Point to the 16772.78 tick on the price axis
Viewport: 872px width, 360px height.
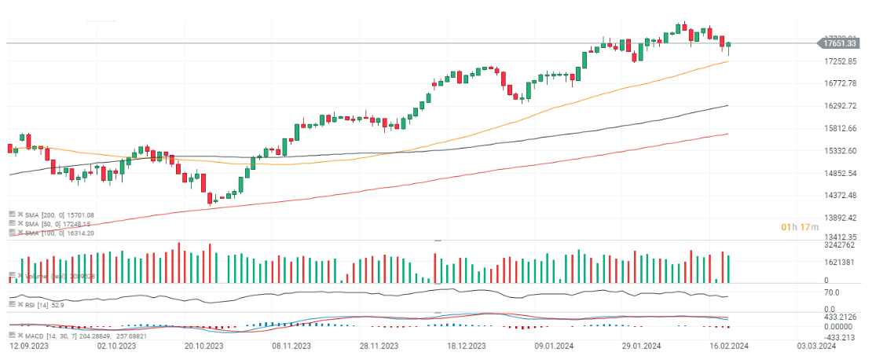(x=840, y=83)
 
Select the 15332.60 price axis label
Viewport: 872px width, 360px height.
(x=840, y=151)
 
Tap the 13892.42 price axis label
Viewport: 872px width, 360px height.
(x=840, y=218)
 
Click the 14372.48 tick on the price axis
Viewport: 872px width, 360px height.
(x=840, y=196)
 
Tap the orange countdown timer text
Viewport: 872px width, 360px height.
(x=800, y=227)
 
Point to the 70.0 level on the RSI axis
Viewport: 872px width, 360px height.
(x=830, y=292)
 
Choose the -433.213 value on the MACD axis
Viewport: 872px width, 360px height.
(x=839, y=337)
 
